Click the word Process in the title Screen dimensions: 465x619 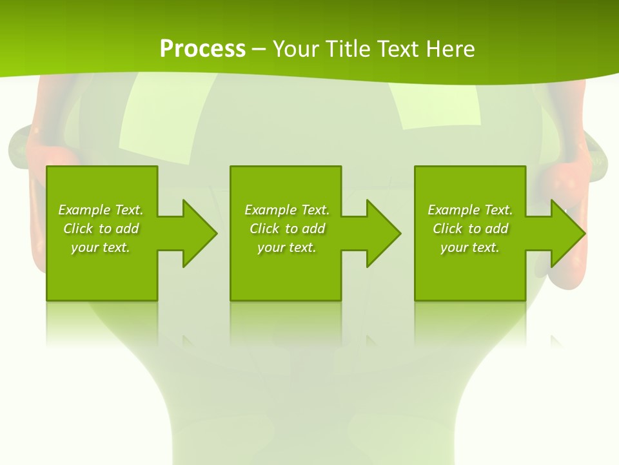pyautogui.click(x=202, y=49)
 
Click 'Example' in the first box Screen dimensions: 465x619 pyautogui.click(x=84, y=210)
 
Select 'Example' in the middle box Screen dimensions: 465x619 pyautogui.click(x=271, y=210)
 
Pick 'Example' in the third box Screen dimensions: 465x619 pyautogui.click(x=454, y=210)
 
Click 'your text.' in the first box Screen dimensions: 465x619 pyautogui.click(x=101, y=247)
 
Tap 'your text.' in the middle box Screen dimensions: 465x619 pyautogui.click(x=287, y=247)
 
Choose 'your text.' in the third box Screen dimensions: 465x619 pyautogui.click(x=470, y=247)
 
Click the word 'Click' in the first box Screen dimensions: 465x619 pyautogui.click(x=78, y=229)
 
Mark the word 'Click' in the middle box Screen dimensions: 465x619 pyautogui.click(x=264, y=229)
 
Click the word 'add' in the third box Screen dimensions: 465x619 pyautogui.click(x=496, y=229)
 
